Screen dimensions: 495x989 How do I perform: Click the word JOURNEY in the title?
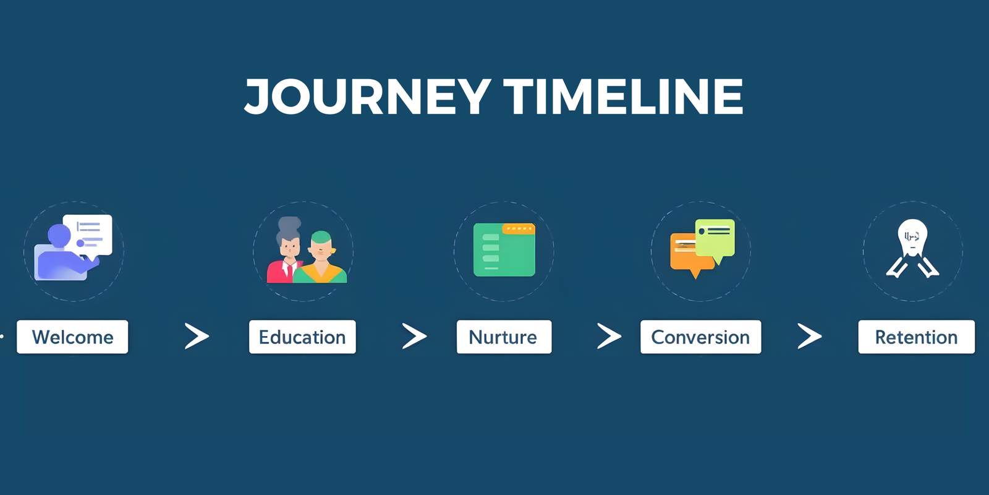pos(368,97)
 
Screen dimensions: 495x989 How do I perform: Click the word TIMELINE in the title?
pos(623,97)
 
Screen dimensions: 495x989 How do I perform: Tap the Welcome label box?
pos(72,337)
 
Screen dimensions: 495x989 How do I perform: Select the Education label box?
pos(302,337)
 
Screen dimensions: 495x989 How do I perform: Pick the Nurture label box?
pos(504,337)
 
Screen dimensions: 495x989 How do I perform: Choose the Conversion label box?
pos(700,337)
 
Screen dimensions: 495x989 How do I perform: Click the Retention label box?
pos(916,337)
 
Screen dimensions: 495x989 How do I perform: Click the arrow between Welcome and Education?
pos(197,337)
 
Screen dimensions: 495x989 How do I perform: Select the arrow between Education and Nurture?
pos(414,337)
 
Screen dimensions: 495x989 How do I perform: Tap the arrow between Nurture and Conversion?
pos(609,336)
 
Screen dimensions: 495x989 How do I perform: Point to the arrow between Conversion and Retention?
pos(809,337)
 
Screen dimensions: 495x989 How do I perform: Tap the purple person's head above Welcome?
pos(59,235)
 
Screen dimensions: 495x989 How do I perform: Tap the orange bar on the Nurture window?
pos(519,229)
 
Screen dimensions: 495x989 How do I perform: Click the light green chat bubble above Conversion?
pos(715,237)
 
